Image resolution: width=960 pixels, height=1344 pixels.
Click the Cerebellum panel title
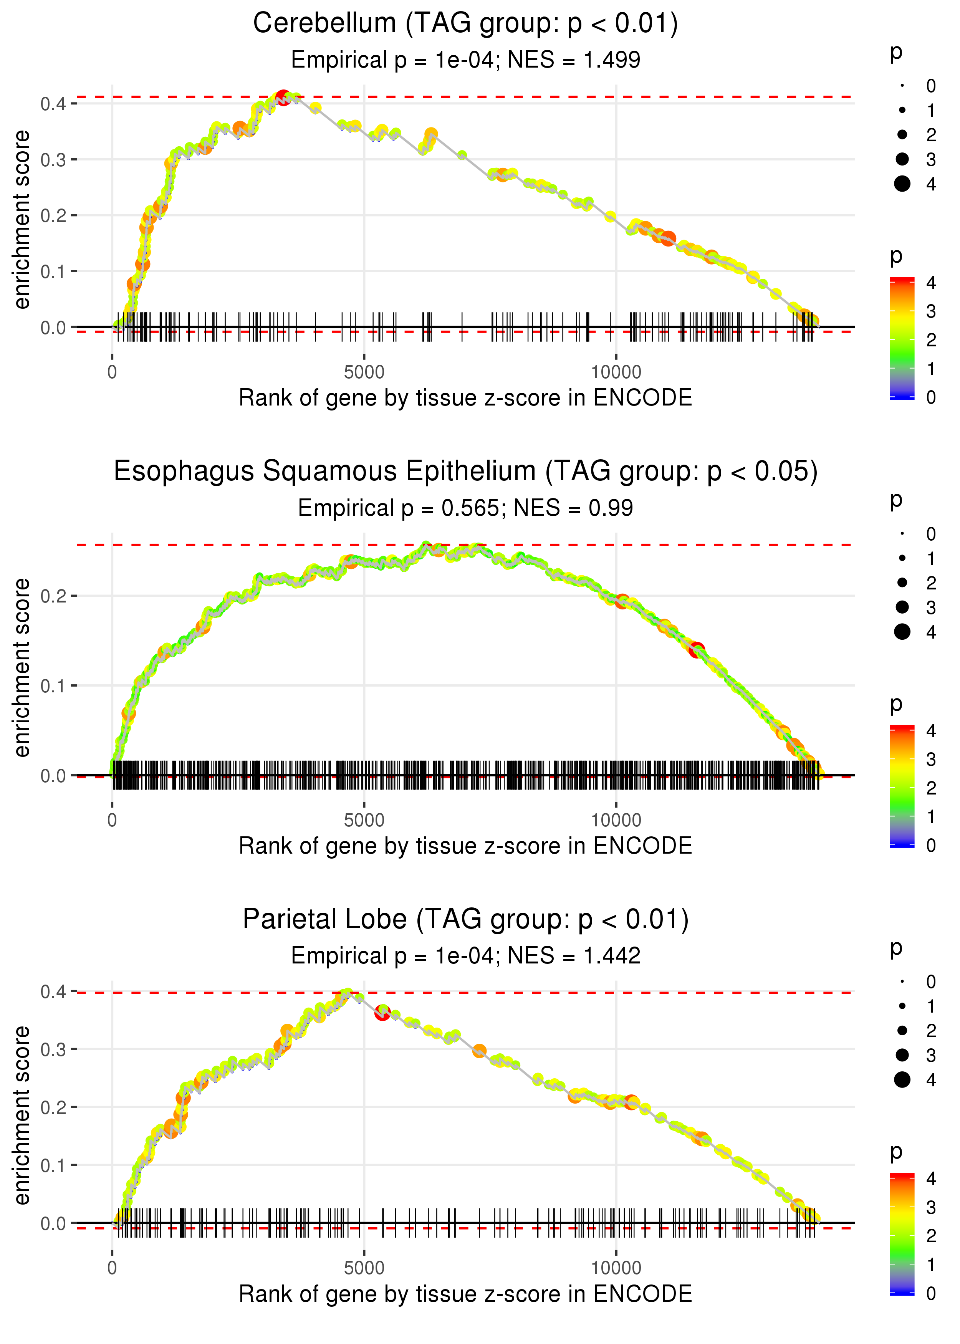[x=465, y=24]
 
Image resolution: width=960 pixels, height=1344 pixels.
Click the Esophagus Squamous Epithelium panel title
[x=465, y=472]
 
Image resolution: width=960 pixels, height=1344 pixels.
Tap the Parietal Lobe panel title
[x=465, y=920]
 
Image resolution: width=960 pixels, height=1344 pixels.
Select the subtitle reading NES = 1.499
[x=465, y=60]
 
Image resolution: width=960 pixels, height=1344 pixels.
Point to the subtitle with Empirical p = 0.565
[x=465, y=508]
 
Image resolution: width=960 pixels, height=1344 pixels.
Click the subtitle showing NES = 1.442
[x=465, y=956]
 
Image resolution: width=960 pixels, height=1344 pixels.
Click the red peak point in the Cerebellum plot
[x=283, y=98]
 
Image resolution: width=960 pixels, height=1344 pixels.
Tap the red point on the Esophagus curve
[x=696, y=650]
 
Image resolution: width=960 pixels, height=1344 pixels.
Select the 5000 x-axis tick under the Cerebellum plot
[x=364, y=372]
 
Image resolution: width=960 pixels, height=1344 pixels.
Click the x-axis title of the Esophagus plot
[x=465, y=846]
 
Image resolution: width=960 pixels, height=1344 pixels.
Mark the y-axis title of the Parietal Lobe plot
[x=22, y=1115]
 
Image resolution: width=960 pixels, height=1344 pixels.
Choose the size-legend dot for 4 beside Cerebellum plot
[x=902, y=184]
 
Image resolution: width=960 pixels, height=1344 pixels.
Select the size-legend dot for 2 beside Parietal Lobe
[x=902, y=1031]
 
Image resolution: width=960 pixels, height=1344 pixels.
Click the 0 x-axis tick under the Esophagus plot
[x=112, y=820]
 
